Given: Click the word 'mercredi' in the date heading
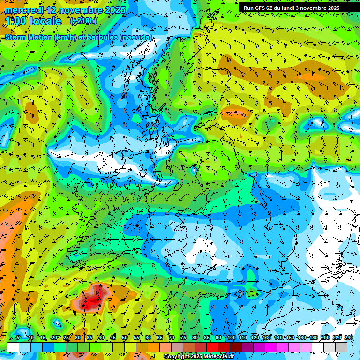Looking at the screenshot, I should pyautogui.click(x=23, y=10).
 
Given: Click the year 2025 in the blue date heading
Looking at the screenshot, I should pyautogui.click(x=114, y=10).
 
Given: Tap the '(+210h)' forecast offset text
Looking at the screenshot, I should pyautogui.click(x=83, y=21).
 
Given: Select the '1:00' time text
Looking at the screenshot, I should pyautogui.click(x=16, y=21).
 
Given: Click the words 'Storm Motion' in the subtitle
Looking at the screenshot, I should pyautogui.click(x=28, y=37).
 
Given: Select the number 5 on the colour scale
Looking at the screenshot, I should pyautogui.click(x=18, y=337).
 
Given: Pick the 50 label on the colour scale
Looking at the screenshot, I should pyautogui.click(x=125, y=337).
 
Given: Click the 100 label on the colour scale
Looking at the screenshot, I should pyautogui.click(x=231, y=337).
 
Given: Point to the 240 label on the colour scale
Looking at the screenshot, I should pyautogui.click(x=349, y=337).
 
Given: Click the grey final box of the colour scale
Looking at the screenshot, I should pyautogui.click(x=341, y=347).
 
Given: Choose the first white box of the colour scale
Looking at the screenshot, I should pyautogui.click(x=13, y=347).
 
